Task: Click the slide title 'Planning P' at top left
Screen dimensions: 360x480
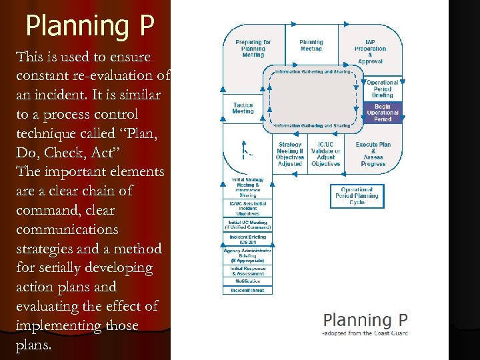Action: click(x=90, y=25)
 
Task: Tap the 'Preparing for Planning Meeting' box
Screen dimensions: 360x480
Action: click(x=253, y=49)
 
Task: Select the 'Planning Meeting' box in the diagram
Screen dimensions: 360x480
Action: click(x=311, y=45)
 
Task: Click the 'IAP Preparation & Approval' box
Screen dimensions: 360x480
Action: click(x=370, y=51)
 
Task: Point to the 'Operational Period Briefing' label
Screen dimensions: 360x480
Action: click(x=383, y=89)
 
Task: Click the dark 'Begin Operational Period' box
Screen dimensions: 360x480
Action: click(x=383, y=112)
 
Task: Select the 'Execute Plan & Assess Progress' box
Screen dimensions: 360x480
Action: click(x=373, y=154)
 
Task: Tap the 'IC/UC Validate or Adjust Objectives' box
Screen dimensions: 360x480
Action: click(x=325, y=154)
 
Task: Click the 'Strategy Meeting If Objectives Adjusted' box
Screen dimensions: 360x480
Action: click(x=290, y=154)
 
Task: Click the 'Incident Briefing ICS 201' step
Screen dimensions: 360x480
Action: click(x=247, y=239)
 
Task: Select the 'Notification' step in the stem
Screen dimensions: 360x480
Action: click(x=247, y=281)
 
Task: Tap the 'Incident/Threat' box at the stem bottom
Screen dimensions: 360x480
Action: click(x=247, y=290)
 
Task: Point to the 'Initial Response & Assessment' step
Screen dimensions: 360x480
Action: click(x=247, y=271)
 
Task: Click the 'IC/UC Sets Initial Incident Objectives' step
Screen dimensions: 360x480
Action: click(x=247, y=208)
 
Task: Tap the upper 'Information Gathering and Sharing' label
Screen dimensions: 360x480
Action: click(x=313, y=72)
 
